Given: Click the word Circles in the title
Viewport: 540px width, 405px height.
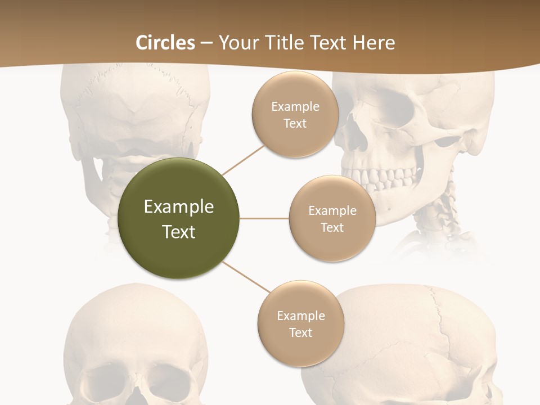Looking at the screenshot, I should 165,42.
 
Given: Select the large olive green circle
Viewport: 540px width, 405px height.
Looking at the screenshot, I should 179,218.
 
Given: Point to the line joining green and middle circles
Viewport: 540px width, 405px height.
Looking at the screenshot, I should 264,218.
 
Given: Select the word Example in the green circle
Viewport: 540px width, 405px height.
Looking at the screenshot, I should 179,207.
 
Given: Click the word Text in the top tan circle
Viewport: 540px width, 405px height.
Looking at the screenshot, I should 295,124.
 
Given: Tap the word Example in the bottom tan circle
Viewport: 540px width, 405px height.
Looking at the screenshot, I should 300,316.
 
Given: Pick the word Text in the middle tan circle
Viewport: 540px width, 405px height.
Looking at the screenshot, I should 332,228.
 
